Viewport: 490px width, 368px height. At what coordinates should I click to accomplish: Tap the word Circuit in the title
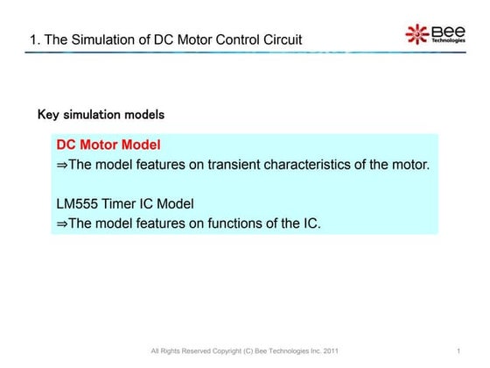pyautogui.click(x=279, y=39)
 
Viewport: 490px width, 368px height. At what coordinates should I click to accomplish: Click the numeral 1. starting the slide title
pyautogui.click(x=34, y=39)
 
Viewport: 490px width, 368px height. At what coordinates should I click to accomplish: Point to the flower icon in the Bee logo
pyautogui.click(x=416, y=33)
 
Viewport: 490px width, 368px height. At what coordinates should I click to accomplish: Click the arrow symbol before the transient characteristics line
pyautogui.click(x=61, y=164)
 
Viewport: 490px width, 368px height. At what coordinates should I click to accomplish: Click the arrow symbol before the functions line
pyautogui.click(x=61, y=223)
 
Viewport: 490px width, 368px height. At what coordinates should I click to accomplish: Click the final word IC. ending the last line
pyautogui.click(x=311, y=223)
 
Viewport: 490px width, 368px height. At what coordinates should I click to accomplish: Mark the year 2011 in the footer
pyautogui.click(x=329, y=352)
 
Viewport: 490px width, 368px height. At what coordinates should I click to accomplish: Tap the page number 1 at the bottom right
pyautogui.click(x=458, y=352)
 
